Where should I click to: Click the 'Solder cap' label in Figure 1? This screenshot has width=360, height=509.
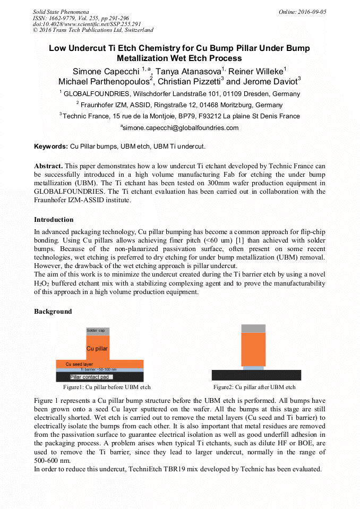click(x=96, y=331)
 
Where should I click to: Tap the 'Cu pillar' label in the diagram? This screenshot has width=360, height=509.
click(x=97, y=349)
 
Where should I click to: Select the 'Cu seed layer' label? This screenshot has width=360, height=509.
click(x=79, y=364)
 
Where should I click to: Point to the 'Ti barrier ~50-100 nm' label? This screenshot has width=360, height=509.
click(x=99, y=369)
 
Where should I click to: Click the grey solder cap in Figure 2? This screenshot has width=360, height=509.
click(x=253, y=329)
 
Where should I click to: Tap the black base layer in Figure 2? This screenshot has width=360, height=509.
click(x=256, y=375)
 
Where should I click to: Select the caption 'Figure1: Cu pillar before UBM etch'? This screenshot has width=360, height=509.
click(x=107, y=387)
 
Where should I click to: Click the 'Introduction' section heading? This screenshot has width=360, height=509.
click(x=54, y=219)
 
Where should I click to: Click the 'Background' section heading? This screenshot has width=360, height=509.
click(x=53, y=311)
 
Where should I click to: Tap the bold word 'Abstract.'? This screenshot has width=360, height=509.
click(x=48, y=166)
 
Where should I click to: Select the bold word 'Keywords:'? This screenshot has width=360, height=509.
click(x=51, y=146)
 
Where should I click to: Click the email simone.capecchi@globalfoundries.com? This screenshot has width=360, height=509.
click(x=180, y=128)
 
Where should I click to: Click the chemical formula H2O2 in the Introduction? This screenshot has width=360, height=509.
click(x=41, y=283)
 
